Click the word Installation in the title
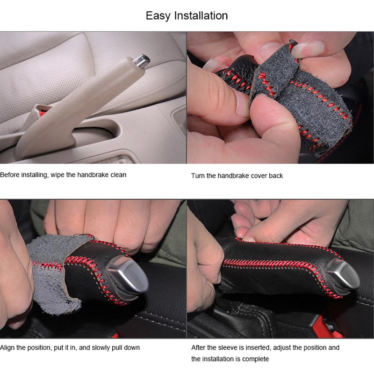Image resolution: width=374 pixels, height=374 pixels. [201, 15]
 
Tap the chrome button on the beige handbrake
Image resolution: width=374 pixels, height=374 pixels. [141, 60]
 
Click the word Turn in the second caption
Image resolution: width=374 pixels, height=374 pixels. [198, 176]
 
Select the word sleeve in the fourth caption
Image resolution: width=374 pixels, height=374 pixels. [225, 348]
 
